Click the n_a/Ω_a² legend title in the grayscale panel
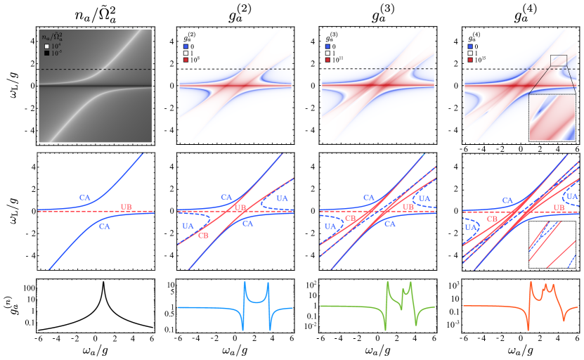click(56, 37)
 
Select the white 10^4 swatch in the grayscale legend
click(46, 46)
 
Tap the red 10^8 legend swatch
click(186, 60)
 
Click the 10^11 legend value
click(337, 60)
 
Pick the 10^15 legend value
click(479, 60)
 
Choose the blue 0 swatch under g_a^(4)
click(469, 46)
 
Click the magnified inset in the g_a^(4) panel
click(552, 117)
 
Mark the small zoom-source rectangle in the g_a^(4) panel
click(558, 60)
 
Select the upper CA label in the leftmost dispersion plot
click(85, 198)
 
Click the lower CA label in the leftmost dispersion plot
click(104, 226)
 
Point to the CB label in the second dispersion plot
click(203, 235)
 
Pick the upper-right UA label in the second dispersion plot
click(282, 199)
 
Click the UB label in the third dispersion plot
click(407, 208)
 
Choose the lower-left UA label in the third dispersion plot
click(330, 226)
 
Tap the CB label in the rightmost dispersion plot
click(493, 219)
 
